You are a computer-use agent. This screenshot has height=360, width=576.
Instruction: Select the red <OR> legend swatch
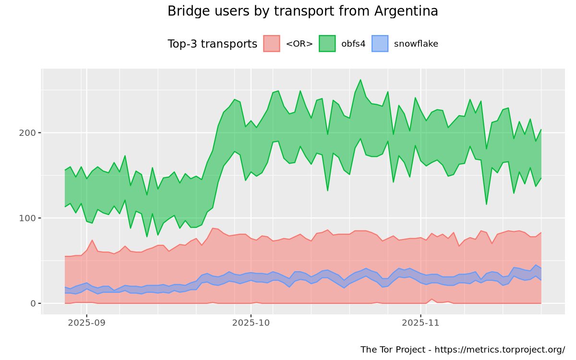pos(272,44)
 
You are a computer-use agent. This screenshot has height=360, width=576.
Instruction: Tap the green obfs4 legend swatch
pos(327,44)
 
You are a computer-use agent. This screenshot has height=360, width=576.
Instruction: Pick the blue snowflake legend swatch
pos(380,44)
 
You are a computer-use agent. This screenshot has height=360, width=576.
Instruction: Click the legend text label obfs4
pos(353,44)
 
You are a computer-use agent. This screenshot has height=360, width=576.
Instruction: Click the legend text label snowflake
pos(416,44)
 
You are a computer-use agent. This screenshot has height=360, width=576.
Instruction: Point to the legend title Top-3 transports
pos(212,44)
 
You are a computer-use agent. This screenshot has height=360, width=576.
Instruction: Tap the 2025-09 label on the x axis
pos(86,323)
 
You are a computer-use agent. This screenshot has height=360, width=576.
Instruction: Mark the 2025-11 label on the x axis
pos(421,323)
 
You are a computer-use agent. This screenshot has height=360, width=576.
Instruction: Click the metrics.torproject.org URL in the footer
pos(509,349)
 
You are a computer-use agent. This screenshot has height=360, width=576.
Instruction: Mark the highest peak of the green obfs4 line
pos(360,80)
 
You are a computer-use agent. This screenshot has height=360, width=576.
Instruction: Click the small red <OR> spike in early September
pos(92,240)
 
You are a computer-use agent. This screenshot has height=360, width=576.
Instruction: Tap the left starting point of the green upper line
pos(65,170)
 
